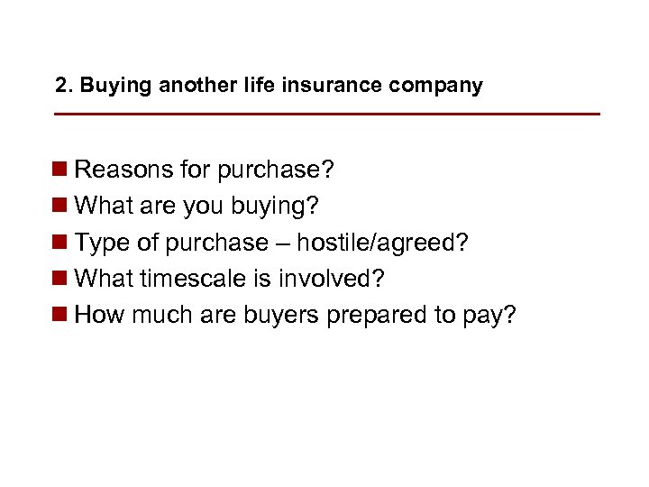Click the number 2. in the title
click(63, 86)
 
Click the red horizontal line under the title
click(326, 115)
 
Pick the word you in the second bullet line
click(203, 207)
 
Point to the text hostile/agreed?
click(384, 243)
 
